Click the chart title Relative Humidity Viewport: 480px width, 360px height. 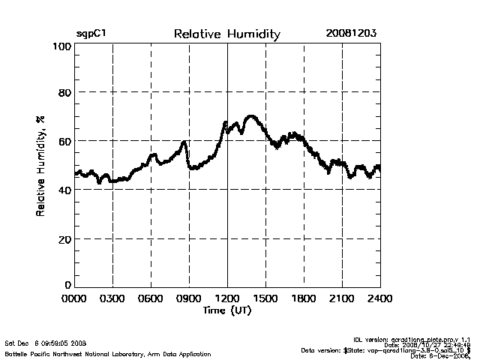pyautogui.click(x=226, y=34)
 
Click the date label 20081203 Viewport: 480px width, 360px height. pyautogui.click(x=351, y=34)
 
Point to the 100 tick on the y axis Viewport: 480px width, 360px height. pyautogui.click(x=62, y=46)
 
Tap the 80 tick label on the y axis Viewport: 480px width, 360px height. pyautogui.click(x=65, y=93)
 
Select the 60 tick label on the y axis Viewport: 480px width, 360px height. pyautogui.click(x=65, y=142)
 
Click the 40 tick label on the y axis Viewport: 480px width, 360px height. pyautogui.click(x=65, y=190)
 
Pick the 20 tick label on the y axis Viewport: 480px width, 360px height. pyautogui.click(x=65, y=239)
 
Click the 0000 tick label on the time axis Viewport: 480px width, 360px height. pyautogui.click(x=74, y=298)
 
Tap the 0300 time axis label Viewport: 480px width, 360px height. pyautogui.click(x=112, y=298)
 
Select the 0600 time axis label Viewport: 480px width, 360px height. pyautogui.click(x=151, y=298)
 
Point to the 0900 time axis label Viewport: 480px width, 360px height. pyautogui.click(x=189, y=298)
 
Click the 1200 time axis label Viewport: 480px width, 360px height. pyautogui.click(x=227, y=298)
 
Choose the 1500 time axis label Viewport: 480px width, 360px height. pyautogui.click(x=265, y=298)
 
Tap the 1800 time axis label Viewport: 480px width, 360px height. pyautogui.click(x=304, y=298)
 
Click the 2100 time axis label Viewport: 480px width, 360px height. pyautogui.click(x=342, y=298)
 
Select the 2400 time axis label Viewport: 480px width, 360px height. pyautogui.click(x=379, y=298)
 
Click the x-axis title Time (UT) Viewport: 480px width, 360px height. pyautogui.click(x=226, y=310)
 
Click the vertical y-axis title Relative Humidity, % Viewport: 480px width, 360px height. pyautogui.click(x=40, y=166)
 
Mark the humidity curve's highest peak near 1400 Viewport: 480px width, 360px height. pyautogui.click(x=250, y=116)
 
